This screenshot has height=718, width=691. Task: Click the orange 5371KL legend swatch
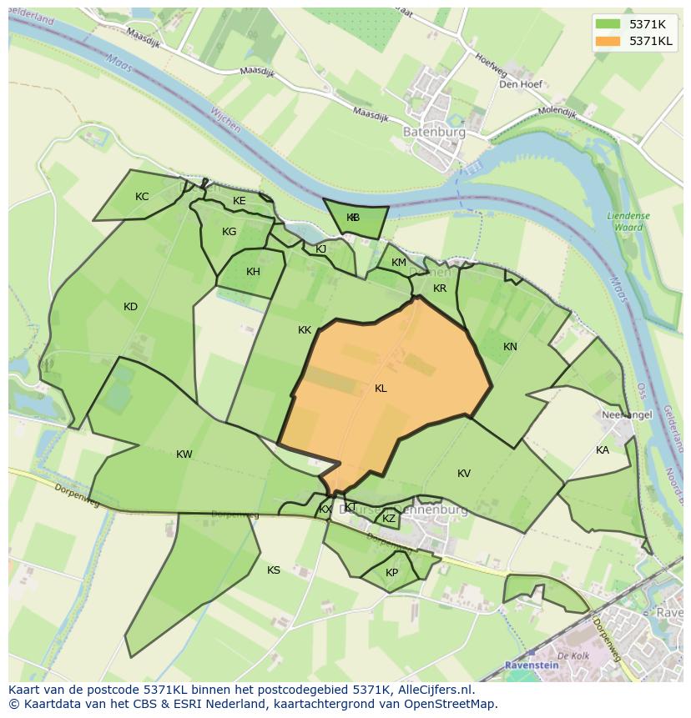609,41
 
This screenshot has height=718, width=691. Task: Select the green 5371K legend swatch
609,24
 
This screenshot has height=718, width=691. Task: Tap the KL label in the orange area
381,389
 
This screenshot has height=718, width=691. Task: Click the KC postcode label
142,197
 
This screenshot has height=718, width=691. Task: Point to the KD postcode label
130,307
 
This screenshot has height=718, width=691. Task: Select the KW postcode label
184,454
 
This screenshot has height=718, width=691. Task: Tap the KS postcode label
274,570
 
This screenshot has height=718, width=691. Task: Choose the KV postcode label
464,474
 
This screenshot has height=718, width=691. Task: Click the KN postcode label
510,347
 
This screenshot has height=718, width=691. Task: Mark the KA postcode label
603,450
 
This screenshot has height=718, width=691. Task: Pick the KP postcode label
392,573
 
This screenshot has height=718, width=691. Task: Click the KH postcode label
253,272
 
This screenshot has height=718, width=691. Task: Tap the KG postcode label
229,232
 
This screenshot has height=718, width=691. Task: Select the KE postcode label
240,201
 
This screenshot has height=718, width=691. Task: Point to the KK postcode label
305,330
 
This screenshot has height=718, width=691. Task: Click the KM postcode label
399,263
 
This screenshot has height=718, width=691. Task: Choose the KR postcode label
440,289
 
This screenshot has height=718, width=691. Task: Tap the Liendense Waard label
628,221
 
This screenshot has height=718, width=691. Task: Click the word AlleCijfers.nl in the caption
435,690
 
